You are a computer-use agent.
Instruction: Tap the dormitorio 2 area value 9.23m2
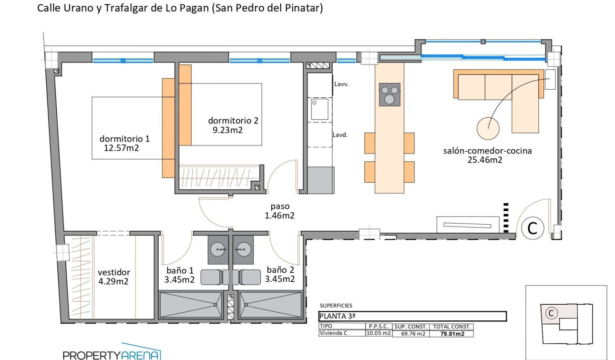(x=227, y=130)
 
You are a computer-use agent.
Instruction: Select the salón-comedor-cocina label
(x=487, y=151)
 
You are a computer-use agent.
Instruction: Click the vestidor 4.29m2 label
(x=113, y=277)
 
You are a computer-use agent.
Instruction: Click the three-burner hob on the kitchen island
(x=389, y=94)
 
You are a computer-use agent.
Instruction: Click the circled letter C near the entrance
(x=532, y=228)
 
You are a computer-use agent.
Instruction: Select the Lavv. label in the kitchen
(x=342, y=84)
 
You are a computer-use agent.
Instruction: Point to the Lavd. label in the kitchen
(x=340, y=134)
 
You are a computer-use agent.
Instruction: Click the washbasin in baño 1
(x=219, y=248)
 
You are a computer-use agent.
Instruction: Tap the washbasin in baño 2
(x=244, y=248)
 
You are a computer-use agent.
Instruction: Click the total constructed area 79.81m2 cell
(x=452, y=334)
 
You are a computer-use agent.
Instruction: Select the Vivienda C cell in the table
(x=334, y=333)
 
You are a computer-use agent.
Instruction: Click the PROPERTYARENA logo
(x=112, y=353)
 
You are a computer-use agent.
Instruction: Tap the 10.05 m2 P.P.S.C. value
(x=379, y=333)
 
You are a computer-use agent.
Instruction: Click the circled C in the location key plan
(x=551, y=313)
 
